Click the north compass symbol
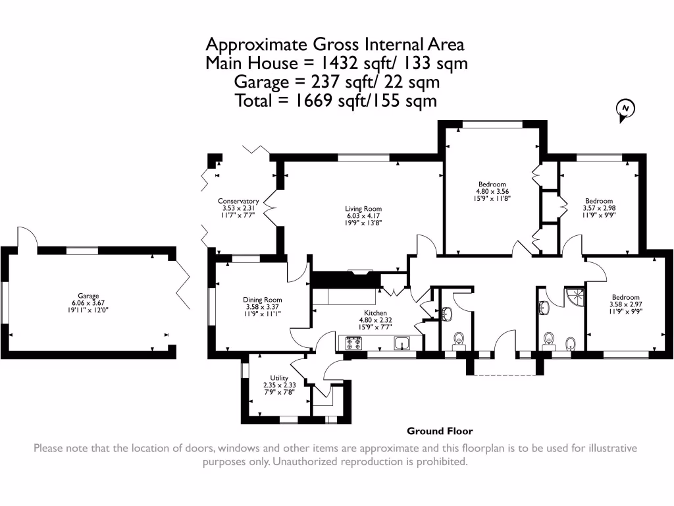pos(625,110)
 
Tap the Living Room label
pos(363,209)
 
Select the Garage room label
pos(88,296)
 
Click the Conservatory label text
pos(238,201)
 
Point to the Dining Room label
pos(262,300)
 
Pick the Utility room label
pos(279,378)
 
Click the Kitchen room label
pos(375,313)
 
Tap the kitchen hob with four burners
pos(353,343)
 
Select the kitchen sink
pos(402,343)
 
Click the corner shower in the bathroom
pos(575,297)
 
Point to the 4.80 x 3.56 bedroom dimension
pos(492,192)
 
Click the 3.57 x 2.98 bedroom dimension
pos(599,208)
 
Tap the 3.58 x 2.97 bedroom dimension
pos(625,304)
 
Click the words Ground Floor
pos(440,431)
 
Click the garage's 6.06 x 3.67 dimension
pos(88,302)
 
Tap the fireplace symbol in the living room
pos(360,271)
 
